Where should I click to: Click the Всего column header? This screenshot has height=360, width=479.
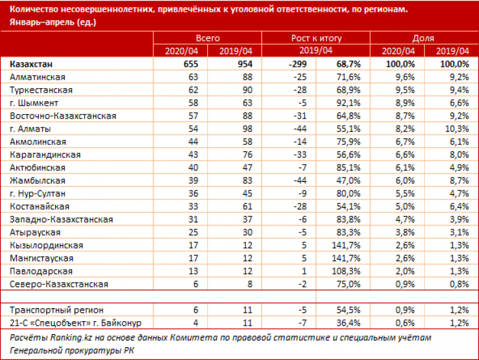point(207,38)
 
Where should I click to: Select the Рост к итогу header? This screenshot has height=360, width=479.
point(316,38)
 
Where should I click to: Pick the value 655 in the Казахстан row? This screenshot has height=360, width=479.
point(189,64)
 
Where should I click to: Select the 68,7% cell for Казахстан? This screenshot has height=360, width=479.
point(347,64)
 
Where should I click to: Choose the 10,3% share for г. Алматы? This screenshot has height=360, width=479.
point(454,128)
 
